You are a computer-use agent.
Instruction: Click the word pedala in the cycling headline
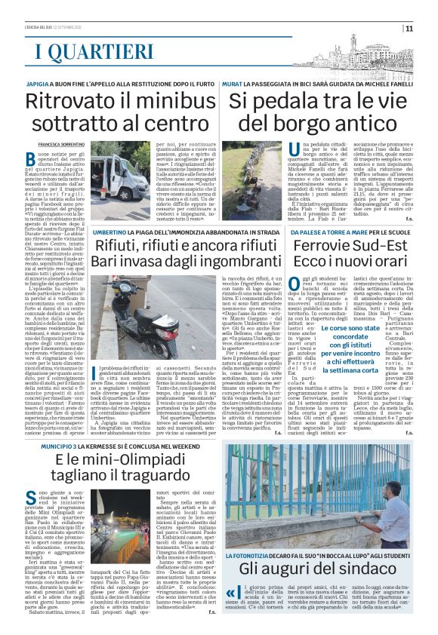[283, 102]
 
